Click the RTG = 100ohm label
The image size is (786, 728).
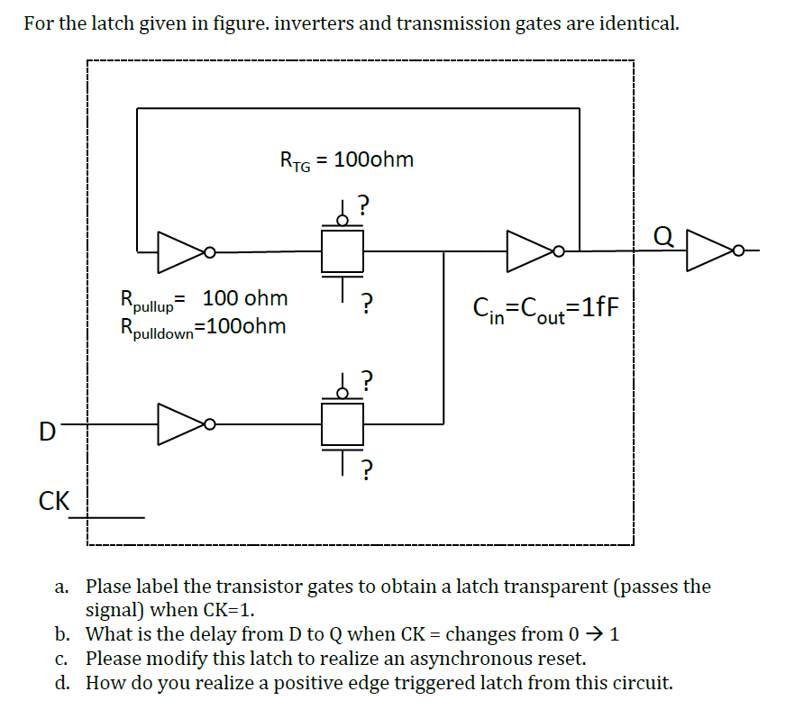coord(347,160)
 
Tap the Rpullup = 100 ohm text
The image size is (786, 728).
coord(204,298)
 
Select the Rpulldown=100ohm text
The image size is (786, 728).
coord(204,326)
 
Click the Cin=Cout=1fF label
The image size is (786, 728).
coord(546,308)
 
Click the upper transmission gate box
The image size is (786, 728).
coord(343,250)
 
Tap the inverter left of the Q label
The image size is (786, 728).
coord(533,250)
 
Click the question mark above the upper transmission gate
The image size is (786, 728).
coord(364,205)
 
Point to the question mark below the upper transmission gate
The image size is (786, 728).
coord(365,303)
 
